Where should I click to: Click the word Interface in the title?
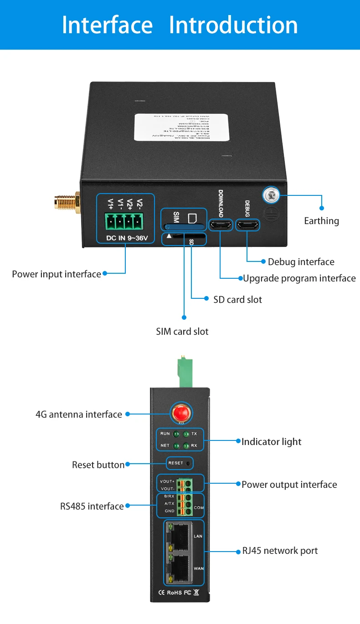[x=107, y=25]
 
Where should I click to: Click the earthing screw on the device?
[x=270, y=196]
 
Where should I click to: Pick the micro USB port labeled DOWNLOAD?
[x=221, y=225]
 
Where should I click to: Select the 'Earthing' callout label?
[x=321, y=221]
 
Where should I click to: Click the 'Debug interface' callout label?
[x=301, y=262]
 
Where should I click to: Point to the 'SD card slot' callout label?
[x=237, y=299]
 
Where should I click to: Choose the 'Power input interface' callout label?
[x=57, y=274]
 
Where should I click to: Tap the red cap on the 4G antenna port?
[x=180, y=414]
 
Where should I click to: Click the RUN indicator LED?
[x=175, y=434]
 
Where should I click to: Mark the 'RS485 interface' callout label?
[x=92, y=506]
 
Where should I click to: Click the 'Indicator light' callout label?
[x=271, y=441]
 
